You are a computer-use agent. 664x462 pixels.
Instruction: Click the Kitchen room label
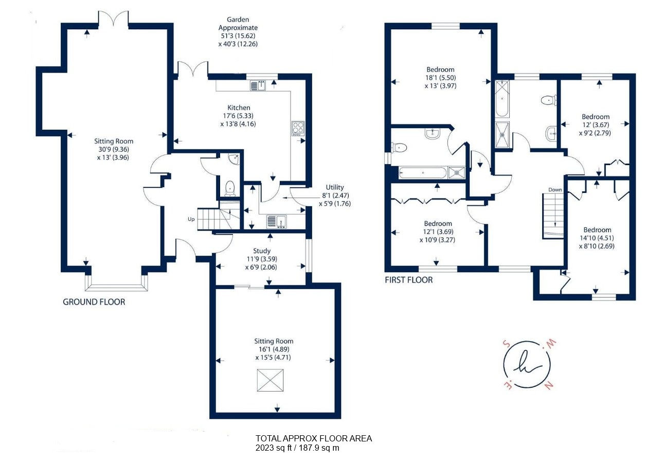pos(239,108)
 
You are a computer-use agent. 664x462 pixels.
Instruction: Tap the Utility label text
pos(335,187)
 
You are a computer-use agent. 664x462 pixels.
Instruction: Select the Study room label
pos(261,251)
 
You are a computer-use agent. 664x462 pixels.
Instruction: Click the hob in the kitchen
pos(298,129)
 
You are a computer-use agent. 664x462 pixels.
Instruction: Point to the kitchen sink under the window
pos(258,85)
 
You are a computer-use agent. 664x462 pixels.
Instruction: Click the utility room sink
pos(277,222)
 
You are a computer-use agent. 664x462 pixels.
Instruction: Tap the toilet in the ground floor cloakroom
pos(230,189)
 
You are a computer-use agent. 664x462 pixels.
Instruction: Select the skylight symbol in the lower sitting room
pos(270,380)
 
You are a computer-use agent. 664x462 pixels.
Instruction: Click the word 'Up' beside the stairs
pos(191,219)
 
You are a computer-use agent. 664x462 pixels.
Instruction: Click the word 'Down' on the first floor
pos(555,190)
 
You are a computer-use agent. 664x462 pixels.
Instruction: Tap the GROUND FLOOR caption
pos(94,302)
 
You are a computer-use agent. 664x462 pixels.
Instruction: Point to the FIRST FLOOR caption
pos(409,280)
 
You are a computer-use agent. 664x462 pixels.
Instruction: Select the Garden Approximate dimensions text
pos(238,32)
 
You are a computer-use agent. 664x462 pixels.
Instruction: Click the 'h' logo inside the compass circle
pos(528,364)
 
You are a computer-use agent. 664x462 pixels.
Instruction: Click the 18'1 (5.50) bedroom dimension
pos(440,78)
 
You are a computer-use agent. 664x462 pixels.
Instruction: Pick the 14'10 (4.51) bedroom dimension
pos(597,238)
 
